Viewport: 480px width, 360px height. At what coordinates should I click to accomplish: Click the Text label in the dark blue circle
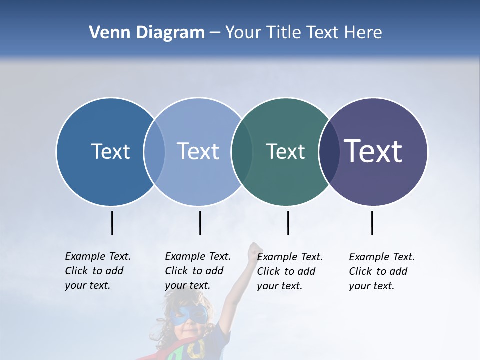tap(110, 151)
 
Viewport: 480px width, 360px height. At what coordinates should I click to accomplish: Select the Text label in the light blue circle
tap(198, 151)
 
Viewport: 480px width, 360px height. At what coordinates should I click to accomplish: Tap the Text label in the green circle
tap(285, 151)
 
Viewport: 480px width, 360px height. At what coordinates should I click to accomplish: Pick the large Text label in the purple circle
tap(373, 151)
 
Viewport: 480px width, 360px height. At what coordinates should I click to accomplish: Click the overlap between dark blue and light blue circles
tap(154, 152)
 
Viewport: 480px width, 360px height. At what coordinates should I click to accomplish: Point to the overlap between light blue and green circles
tap(242, 152)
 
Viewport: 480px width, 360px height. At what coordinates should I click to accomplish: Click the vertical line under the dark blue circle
tap(112, 223)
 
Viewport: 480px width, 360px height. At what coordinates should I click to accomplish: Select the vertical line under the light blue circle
tap(200, 223)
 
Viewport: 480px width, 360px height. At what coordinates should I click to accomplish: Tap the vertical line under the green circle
tap(288, 223)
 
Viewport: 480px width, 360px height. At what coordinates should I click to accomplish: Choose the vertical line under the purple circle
tap(372, 223)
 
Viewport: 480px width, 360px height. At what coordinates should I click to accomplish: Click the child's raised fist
tap(256, 248)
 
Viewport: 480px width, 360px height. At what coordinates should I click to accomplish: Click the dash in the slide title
tap(215, 33)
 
